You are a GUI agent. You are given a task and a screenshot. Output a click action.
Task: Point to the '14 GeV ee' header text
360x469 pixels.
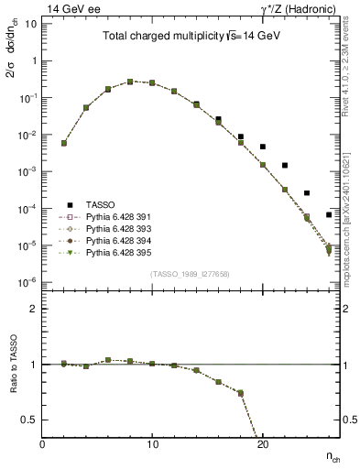point(74,8)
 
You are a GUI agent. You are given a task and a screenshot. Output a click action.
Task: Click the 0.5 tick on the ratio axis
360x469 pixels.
point(31,420)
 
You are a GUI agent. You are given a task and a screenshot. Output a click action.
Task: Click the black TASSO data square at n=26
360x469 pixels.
point(328,215)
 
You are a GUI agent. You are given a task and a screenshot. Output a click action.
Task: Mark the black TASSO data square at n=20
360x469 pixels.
point(262,147)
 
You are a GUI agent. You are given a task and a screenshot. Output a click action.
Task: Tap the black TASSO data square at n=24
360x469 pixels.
point(306,193)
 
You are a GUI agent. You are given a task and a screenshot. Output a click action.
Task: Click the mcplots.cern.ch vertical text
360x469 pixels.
point(351,220)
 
